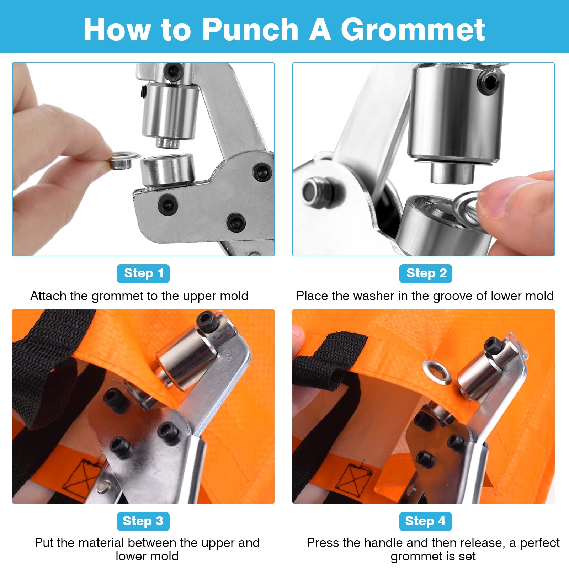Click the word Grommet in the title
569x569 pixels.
(413, 30)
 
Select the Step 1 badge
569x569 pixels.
(143, 273)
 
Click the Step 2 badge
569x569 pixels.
(425, 273)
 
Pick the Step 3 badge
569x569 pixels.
(143, 521)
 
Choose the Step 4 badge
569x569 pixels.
(425, 521)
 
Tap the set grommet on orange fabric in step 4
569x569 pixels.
(436, 372)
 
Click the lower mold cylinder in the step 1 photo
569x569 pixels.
(167, 171)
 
